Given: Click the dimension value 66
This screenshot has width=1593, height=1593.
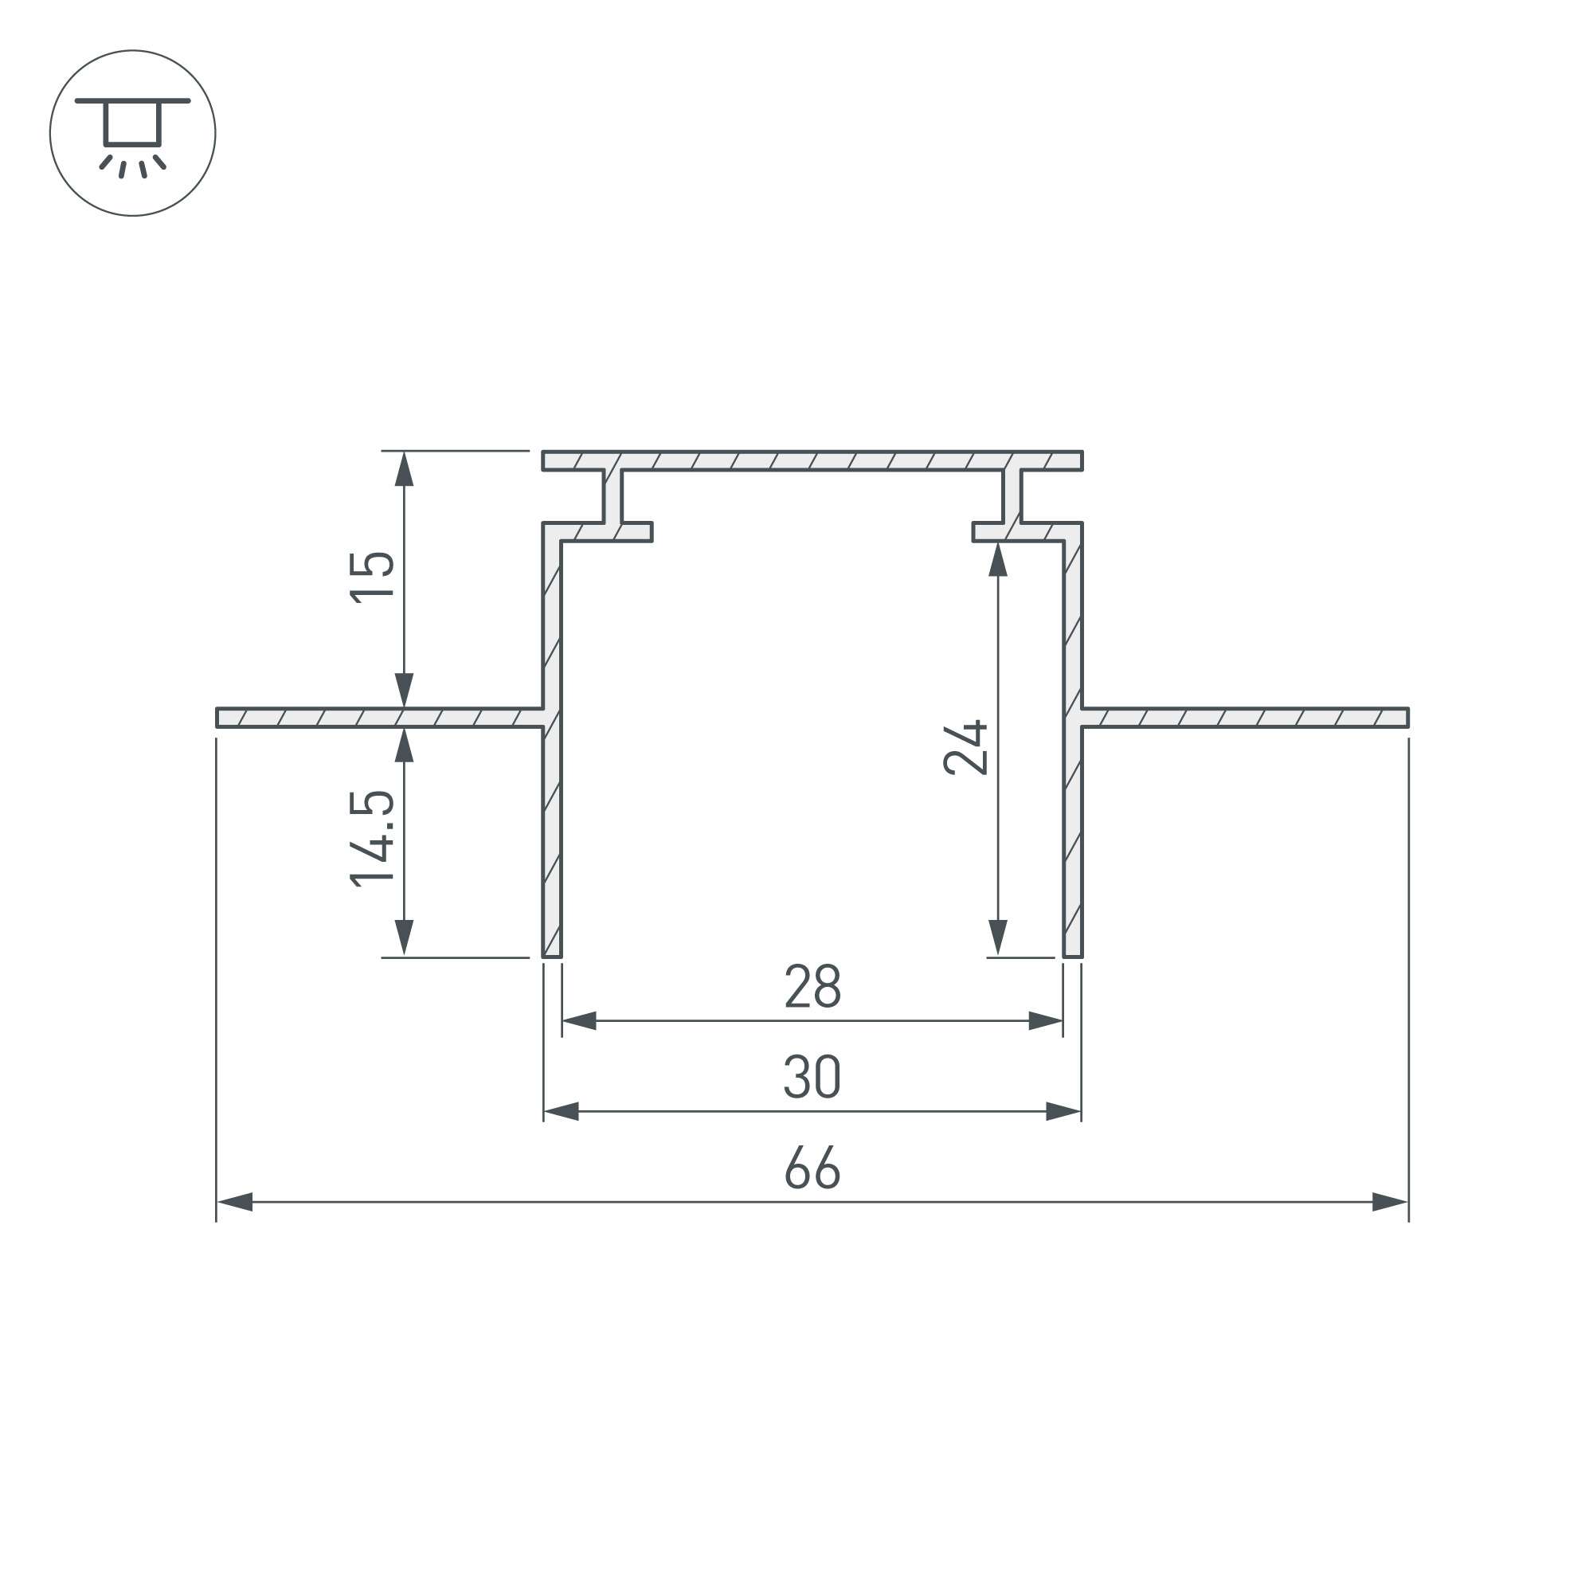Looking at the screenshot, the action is coord(812,1167).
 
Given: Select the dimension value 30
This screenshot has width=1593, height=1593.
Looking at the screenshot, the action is coord(812,1076).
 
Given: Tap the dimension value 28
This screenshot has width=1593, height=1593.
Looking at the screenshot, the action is coord(812,985).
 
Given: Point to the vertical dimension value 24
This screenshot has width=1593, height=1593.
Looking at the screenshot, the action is coord(965,748).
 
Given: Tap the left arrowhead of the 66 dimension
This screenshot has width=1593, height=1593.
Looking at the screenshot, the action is coord(234,1201).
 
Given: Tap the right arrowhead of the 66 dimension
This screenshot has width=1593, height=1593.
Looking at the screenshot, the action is coord(1390,1201).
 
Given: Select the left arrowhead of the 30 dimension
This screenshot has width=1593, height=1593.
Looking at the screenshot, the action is coord(562,1110).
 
